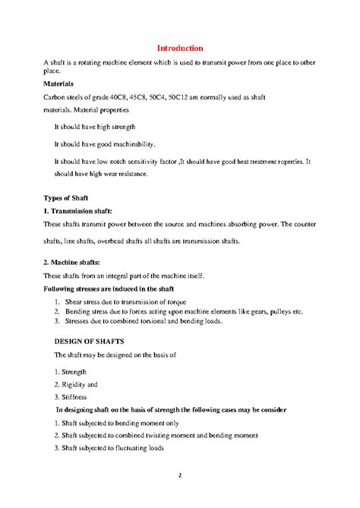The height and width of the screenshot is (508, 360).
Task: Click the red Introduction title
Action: tap(179, 49)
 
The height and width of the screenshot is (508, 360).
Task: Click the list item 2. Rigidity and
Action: tap(74, 384)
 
